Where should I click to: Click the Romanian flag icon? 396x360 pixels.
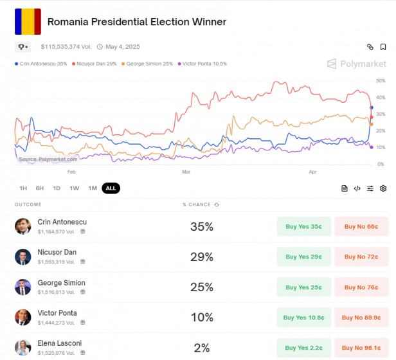(28, 22)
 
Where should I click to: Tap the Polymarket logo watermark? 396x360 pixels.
(357, 64)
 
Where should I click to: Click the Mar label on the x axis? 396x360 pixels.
(186, 172)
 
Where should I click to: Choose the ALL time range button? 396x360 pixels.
(111, 188)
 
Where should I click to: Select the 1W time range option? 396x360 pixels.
(75, 188)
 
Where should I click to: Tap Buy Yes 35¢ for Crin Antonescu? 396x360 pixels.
(303, 226)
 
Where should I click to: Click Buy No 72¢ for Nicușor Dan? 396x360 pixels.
(361, 257)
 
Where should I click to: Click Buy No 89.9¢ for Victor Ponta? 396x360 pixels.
(361, 318)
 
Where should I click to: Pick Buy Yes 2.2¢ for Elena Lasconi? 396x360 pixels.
(303, 348)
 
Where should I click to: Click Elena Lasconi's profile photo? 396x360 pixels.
(23, 348)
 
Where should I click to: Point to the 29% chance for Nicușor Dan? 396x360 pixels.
(201, 257)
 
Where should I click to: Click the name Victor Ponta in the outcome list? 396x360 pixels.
(57, 313)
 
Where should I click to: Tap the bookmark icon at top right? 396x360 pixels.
(383, 47)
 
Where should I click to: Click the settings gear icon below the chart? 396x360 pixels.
(383, 188)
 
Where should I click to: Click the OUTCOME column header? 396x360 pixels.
(28, 204)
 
